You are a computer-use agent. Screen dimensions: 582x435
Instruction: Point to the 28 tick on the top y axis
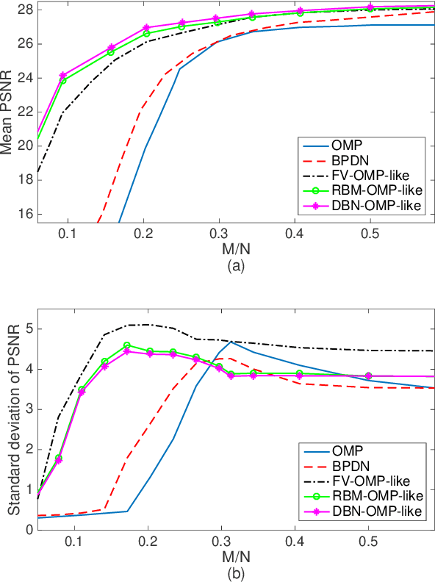26,10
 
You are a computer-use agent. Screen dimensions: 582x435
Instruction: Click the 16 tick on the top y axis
26,214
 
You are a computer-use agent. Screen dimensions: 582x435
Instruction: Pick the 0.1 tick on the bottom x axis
73,542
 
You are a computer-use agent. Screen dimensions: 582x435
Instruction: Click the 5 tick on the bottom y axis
29,329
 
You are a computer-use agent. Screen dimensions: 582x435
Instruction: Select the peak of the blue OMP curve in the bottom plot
231,342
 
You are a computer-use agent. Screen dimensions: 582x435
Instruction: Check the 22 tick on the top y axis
26,112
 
